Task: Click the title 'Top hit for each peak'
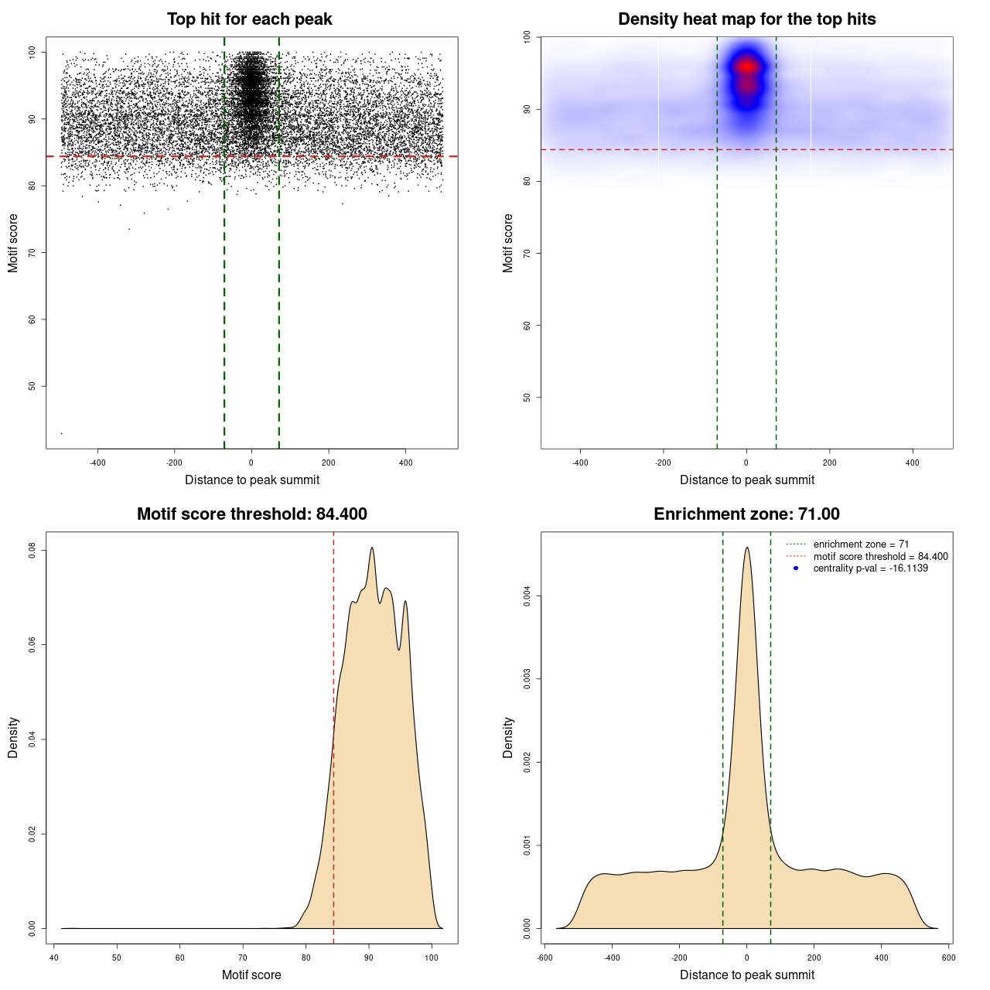tap(250, 19)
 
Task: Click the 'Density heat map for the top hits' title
tap(746, 19)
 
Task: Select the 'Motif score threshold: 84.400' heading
tap(251, 514)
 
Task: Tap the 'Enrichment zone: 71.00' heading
tap(746, 514)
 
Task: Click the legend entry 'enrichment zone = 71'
tap(861, 544)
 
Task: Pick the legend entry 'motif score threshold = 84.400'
tap(880, 557)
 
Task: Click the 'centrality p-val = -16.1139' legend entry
tap(870, 568)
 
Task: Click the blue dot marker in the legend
tap(796, 568)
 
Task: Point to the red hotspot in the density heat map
tap(746, 67)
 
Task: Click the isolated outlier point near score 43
tap(62, 433)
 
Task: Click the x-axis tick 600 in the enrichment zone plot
tap(949, 958)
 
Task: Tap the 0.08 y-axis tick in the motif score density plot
tap(32, 551)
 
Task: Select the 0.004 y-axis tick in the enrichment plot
tap(527, 596)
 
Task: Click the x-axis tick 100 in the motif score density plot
tap(432, 958)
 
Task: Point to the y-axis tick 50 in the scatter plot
tap(32, 386)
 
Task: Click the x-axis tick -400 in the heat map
tap(580, 463)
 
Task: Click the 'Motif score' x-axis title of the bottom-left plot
tap(251, 975)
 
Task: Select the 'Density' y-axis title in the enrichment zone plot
tap(508, 737)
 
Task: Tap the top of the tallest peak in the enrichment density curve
tap(746, 548)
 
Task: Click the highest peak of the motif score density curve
tap(372, 548)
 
